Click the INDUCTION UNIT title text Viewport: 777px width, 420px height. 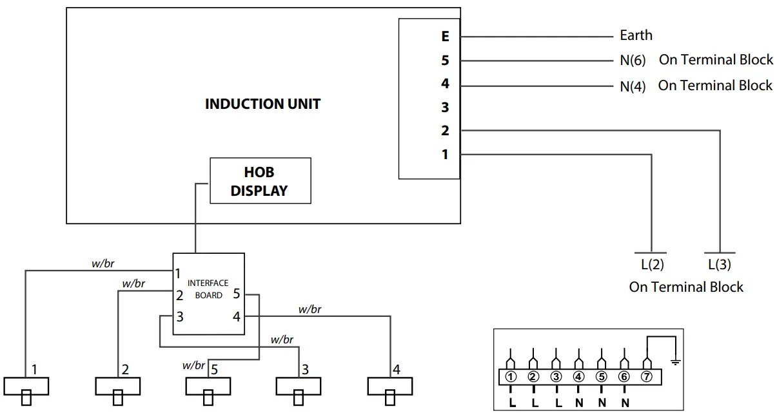click(262, 104)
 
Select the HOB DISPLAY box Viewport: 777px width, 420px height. click(261, 180)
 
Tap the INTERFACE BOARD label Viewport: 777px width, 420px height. click(208, 289)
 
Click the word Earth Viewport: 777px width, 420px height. click(636, 35)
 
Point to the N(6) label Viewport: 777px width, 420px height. click(633, 61)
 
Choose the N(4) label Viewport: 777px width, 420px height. click(633, 86)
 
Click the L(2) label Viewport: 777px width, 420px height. click(652, 264)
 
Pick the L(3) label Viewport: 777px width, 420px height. click(720, 264)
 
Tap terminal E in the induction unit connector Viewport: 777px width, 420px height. click(446, 36)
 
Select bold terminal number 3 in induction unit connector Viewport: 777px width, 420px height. click(445, 108)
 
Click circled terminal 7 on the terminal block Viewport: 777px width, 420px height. click(647, 376)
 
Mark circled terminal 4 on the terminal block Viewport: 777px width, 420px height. click(578, 376)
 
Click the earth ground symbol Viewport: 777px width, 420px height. click(675, 363)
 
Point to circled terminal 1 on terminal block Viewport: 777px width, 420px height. click(511, 376)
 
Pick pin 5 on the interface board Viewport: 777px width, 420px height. click(237, 294)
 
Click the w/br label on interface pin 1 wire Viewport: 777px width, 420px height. click(103, 263)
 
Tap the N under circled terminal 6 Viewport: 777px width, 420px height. click(625, 403)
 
